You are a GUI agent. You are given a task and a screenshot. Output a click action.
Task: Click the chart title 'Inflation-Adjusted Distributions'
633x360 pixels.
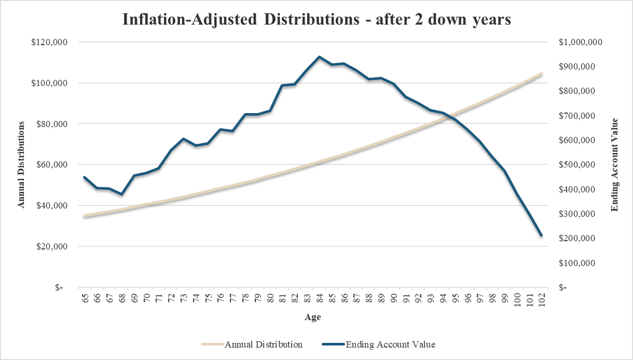click(317, 19)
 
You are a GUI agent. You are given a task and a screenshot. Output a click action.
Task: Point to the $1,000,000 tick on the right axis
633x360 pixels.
click(581, 43)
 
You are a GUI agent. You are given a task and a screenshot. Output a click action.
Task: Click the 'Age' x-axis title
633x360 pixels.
click(312, 317)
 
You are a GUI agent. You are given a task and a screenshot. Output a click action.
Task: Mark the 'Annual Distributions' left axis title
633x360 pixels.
click(21, 164)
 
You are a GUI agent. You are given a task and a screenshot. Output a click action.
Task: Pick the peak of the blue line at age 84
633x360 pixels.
click(320, 57)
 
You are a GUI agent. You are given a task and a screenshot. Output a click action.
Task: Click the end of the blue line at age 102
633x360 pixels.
click(541, 236)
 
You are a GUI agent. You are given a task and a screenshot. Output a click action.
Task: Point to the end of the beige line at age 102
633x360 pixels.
click(541, 74)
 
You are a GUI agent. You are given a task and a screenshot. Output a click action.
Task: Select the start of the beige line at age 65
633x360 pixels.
click(85, 216)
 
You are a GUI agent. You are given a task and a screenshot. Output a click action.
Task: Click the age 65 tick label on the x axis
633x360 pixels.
click(85, 298)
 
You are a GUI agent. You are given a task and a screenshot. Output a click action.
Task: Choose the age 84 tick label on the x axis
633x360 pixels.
click(320, 298)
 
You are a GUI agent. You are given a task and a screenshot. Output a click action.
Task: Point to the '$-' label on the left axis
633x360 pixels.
click(59, 287)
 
